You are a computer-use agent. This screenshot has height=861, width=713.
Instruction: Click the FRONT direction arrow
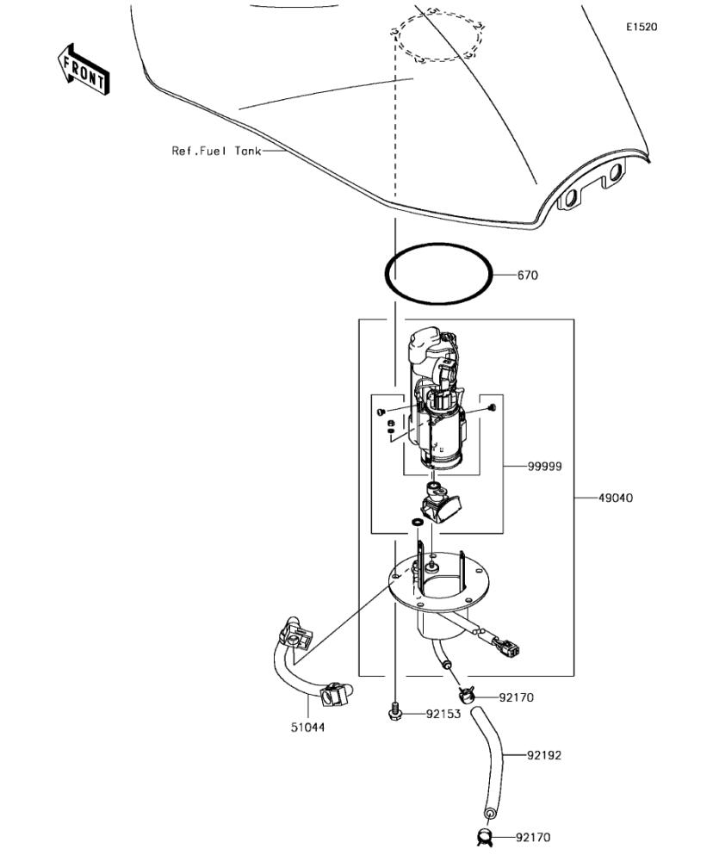(x=84, y=70)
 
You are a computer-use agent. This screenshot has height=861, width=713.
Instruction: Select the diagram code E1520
(x=642, y=27)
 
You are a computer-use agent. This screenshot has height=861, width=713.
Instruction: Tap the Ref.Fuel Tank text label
(x=216, y=151)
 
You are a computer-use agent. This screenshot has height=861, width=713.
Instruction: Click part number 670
(x=528, y=276)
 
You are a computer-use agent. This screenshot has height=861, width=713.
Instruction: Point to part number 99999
(x=545, y=466)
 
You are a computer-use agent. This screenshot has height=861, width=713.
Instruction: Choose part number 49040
(x=615, y=498)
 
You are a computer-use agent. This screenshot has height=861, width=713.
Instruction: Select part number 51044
(x=307, y=728)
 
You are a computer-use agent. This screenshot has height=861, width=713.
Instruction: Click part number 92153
(x=443, y=714)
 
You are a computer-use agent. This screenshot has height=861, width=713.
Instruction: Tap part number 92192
(x=544, y=756)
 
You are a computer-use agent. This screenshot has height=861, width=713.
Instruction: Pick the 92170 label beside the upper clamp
(x=516, y=698)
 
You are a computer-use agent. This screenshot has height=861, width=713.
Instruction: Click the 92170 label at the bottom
(x=533, y=838)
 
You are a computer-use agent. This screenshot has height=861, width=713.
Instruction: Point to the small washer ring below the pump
(x=417, y=521)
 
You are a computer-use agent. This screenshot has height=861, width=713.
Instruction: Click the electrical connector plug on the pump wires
(x=509, y=647)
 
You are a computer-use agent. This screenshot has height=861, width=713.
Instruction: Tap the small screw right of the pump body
(x=492, y=407)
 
